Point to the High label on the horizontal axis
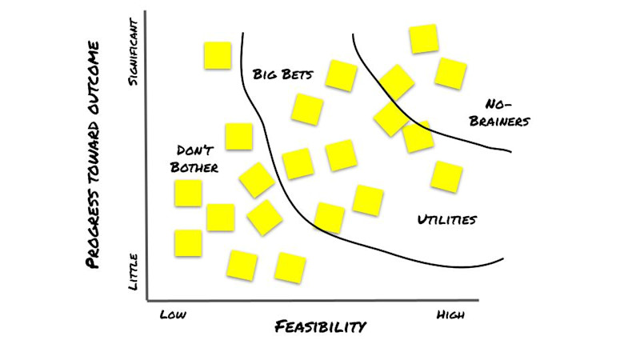450,314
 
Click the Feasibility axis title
320,326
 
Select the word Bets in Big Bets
297,75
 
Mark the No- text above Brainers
498,104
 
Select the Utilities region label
447,219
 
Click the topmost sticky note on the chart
423,38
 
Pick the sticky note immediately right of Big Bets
342,75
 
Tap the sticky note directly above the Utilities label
446,176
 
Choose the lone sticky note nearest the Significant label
217,55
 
